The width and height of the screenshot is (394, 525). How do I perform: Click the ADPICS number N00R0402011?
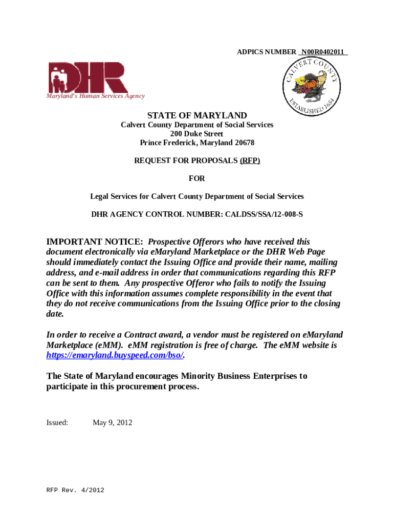point(324,52)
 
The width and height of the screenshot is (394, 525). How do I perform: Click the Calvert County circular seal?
point(311,87)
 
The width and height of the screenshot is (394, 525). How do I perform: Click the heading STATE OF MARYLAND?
point(197,115)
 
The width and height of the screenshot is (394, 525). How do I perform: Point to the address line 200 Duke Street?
point(197,134)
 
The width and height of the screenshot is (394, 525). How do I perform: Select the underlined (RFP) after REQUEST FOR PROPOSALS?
point(250,160)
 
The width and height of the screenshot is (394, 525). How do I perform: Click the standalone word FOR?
point(197,178)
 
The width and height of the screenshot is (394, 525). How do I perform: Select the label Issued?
point(57,423)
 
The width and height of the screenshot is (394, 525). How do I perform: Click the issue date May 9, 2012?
point(112,423)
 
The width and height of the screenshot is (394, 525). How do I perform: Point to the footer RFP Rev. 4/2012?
point(75,491)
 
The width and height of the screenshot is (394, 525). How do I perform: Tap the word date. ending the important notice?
point(56,314)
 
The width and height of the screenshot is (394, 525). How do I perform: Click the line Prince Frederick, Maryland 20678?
point(197,143)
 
